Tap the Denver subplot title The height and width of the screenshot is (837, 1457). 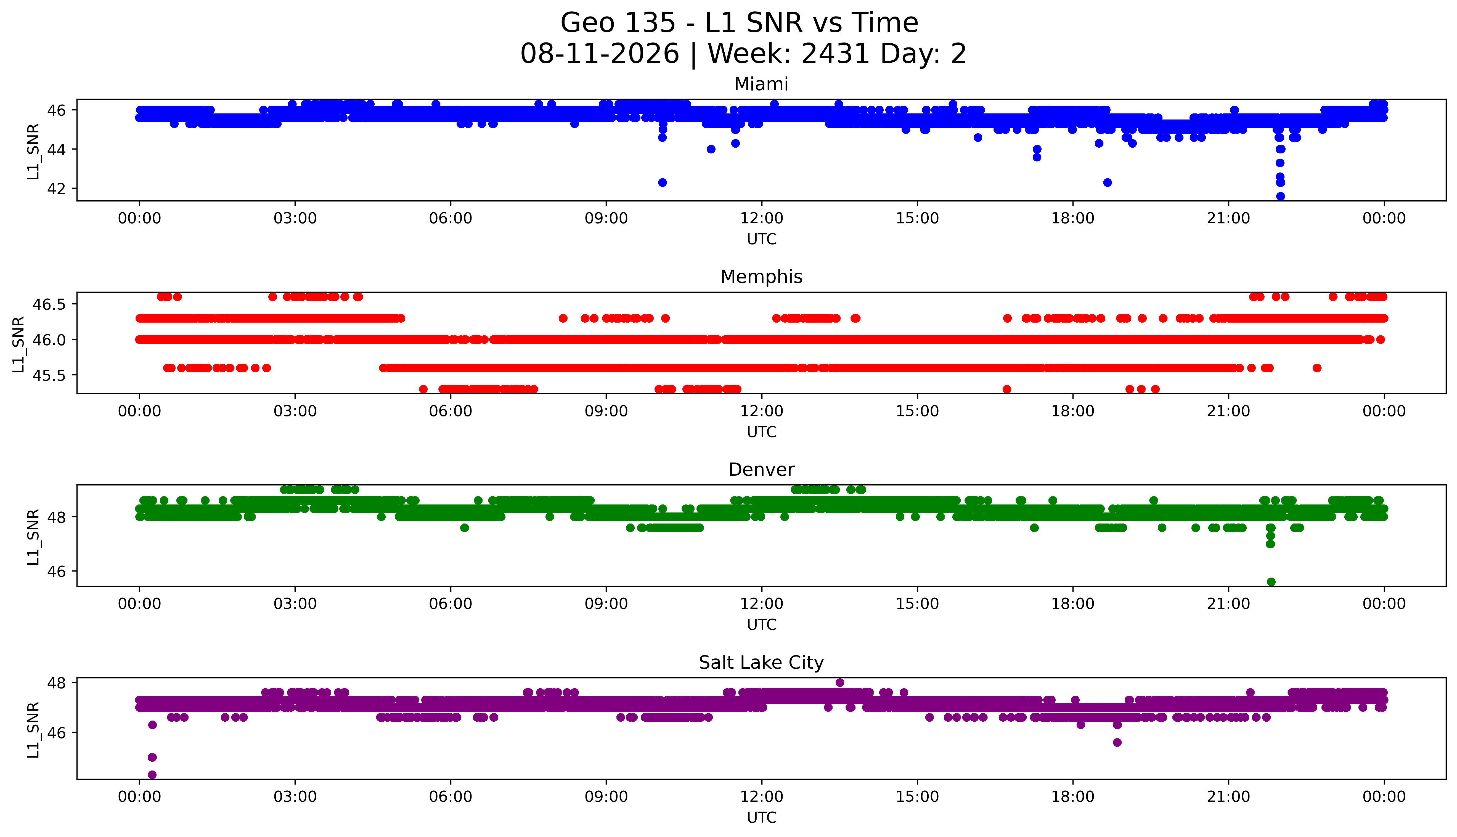(x=761, y=470)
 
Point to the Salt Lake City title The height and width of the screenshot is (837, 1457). (x=761, y=663)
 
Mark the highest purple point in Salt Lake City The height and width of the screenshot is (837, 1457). (x=839, y=682)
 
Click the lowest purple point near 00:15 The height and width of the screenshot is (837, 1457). (x=152, y=774)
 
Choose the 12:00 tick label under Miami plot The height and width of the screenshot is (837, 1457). (x=762, y=219)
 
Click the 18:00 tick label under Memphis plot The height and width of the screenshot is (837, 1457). (x=1073, y=411)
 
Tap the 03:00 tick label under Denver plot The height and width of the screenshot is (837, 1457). (x=295, y=604)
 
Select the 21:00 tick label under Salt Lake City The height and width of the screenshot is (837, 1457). (x=1229, y=797)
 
